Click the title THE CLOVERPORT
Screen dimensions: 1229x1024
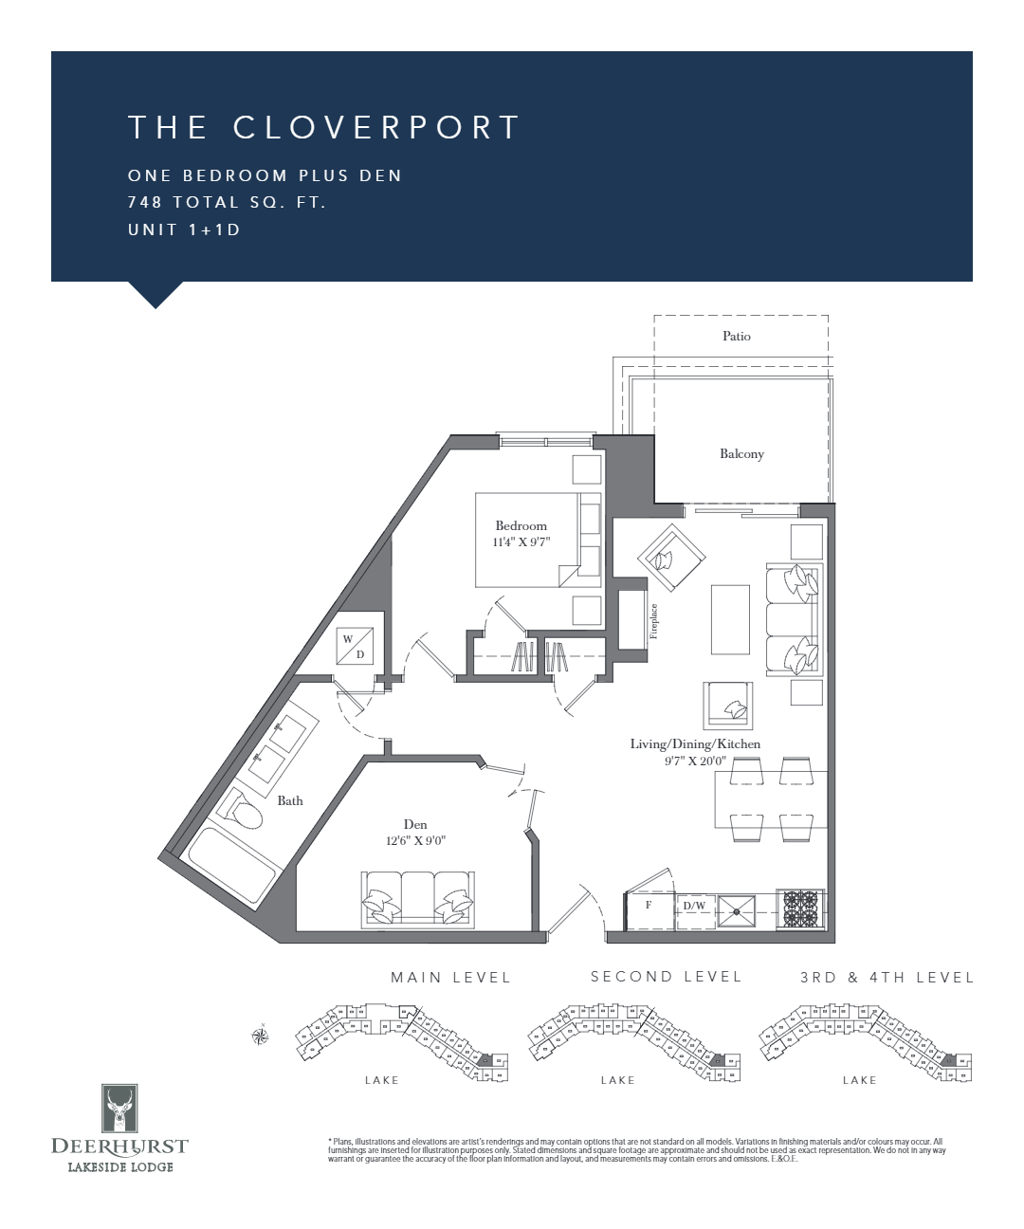coord(323,127)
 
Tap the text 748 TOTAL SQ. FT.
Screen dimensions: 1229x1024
coord(227,202)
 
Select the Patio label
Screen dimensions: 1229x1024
coord(736,336)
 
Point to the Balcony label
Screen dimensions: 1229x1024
coord(741,453)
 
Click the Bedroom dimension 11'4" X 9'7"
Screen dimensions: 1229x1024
coord(521,542)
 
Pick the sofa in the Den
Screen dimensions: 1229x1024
coord(417,899)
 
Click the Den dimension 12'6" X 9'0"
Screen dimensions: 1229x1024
coord(415,841)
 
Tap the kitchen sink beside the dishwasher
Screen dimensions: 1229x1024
coord(737,910)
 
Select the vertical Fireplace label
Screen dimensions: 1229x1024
coord(653,621)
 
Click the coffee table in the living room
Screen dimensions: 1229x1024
coord(730,618)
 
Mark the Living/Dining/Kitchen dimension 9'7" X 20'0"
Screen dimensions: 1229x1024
coord(695,760)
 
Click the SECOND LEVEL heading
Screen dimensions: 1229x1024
coord(666,977)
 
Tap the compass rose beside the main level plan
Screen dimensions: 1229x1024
coord(260,1036)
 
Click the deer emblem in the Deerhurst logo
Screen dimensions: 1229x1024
coord(119,1109)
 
